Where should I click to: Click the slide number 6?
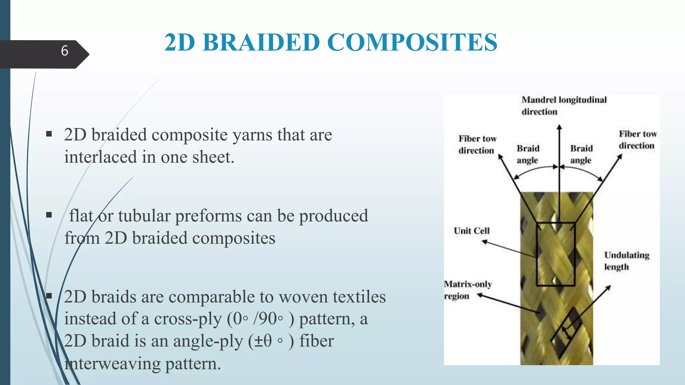[x=65, y=51]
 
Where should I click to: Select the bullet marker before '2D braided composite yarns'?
[x=49, y=134]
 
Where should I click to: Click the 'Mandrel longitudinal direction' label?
[x=564, y=106]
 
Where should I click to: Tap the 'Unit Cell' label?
[x=471, y=231]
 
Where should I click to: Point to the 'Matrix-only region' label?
[x=467, y=290]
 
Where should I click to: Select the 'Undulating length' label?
[x=626, y=261]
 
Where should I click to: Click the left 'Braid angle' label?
[x=528, y=154]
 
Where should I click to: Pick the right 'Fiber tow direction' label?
[x=637, y=140]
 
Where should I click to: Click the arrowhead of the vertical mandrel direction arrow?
[x=559, y=127]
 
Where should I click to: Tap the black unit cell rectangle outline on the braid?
[x=537, y=254]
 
